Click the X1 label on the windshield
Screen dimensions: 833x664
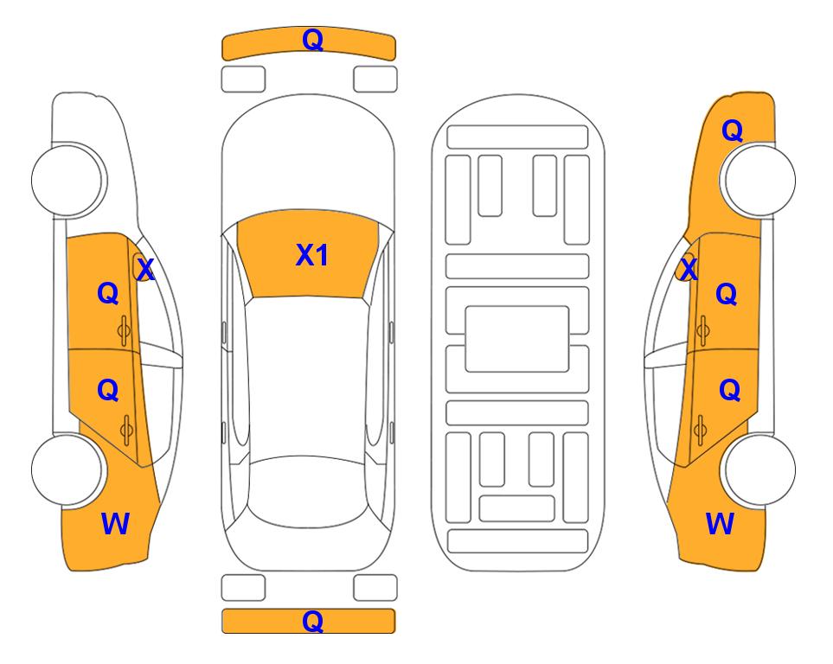click(312, 255)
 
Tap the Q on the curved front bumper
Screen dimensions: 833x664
click(312, 39)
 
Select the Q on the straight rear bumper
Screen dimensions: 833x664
click(312, 621)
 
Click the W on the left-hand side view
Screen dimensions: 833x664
click(115, 524)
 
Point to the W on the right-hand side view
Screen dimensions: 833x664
click(720, 524)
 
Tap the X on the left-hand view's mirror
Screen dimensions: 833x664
click(145, 270)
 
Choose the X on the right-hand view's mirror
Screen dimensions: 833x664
click(689, 270)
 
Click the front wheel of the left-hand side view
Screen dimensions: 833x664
click(67, 180)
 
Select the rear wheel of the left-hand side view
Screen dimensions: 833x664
click(67, 469)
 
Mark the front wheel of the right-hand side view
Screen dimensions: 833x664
click(759, 180)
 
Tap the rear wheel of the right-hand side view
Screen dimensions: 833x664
click(759, 469)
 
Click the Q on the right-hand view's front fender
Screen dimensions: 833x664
click(732, 131)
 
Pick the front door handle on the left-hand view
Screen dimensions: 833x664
click(124, 330)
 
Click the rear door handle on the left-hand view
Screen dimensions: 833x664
click(126, 430)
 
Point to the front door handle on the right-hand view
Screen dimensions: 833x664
click(703, 330)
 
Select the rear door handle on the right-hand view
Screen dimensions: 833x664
click(700, 430)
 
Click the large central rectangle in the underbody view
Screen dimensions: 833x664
click(517, 339)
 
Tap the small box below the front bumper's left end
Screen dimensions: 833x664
click(243, 80)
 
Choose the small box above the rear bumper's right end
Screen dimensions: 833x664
click(375, 588)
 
